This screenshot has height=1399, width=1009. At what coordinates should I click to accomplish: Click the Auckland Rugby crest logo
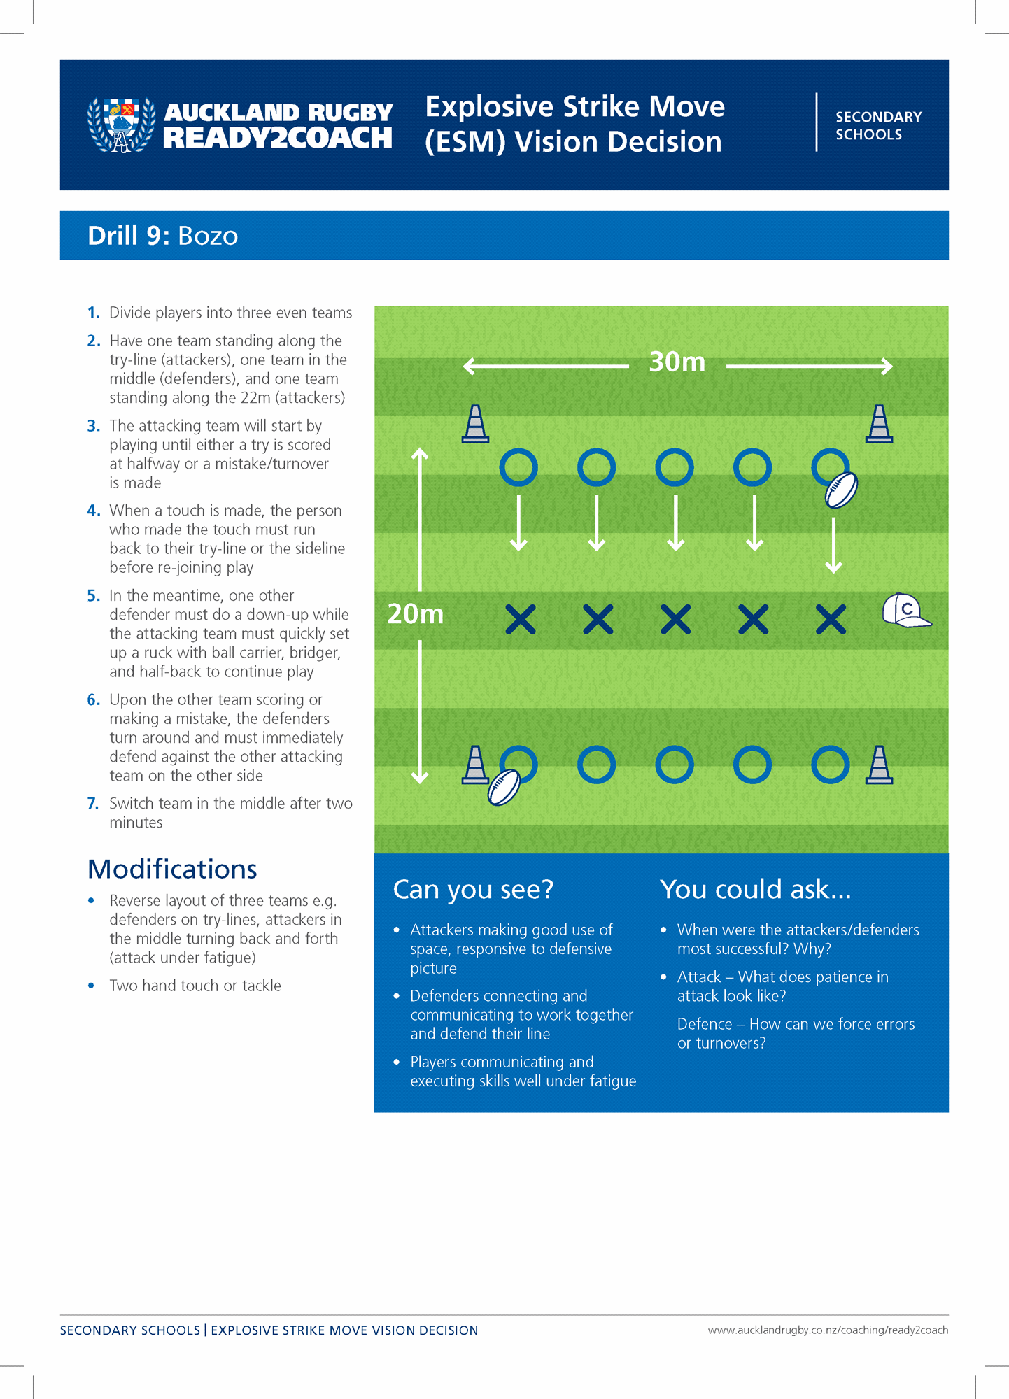tap(121, 125)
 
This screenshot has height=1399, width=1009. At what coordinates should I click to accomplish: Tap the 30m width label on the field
tap(677, 362)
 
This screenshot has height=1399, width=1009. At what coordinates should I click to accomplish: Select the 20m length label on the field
tap(416, 614)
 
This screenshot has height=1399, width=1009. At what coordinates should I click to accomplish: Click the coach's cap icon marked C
tap(905, 611)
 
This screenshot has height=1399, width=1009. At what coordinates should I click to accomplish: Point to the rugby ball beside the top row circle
tap(841, 490)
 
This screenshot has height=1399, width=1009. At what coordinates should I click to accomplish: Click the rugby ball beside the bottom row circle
tap(504, 788)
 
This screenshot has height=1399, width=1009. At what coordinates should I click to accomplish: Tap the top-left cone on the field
tap(475, 425)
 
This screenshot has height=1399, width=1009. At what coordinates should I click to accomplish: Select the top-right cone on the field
tap(879, 425)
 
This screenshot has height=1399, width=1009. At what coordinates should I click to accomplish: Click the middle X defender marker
tap(675, 620)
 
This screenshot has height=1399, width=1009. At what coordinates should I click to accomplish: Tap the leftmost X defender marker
tap(520, 620)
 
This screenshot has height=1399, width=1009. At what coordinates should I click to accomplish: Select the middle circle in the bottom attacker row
tap(675, 765)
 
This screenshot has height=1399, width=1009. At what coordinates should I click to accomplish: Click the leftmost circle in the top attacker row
tap(518, 467)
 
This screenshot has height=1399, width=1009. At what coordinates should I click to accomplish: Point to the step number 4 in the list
tap(94, 511)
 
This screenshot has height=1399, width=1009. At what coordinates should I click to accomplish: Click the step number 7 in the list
tap(93, 804)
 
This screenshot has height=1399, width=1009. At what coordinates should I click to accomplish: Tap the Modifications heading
tap(172, 869)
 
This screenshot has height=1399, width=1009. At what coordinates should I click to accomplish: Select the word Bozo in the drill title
tap(208, 236)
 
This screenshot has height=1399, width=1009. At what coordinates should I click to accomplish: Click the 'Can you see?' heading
tap(473, 890)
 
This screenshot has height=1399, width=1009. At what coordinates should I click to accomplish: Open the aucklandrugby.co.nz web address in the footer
tap(827, 1330)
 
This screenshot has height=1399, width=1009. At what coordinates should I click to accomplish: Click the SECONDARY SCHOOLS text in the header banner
tap(878, 125)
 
